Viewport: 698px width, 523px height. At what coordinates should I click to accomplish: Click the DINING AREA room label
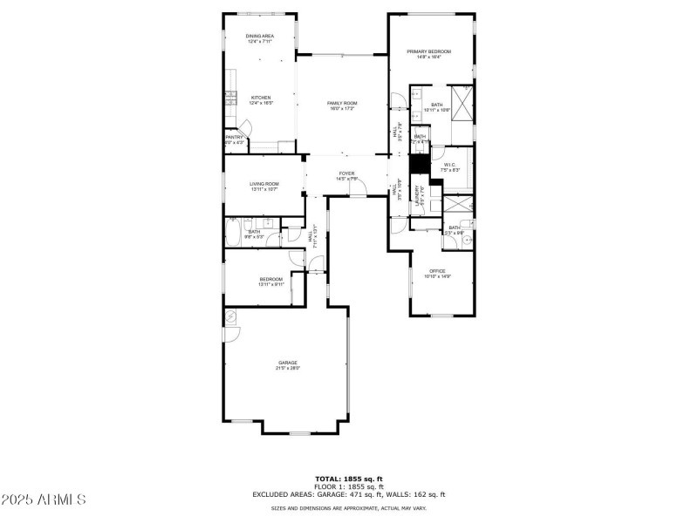tap(261, 36)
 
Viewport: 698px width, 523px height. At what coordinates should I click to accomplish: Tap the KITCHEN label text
tap(261, 98)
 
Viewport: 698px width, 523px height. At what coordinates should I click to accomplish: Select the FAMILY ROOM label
tap(342, 103)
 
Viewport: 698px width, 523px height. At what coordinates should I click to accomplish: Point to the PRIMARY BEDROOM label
tap(429, 51)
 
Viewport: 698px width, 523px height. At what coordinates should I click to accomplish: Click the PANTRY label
tap(234, 137)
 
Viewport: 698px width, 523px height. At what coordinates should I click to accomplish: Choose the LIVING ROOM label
tap(263, 184)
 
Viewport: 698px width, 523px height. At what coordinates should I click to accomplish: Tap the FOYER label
tap(346, 173)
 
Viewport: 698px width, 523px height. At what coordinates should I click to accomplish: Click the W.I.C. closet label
tap(450, 165)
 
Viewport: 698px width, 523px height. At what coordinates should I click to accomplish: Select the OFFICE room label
tap(437, 271)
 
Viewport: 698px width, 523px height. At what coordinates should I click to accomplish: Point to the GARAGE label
tap(288, 363)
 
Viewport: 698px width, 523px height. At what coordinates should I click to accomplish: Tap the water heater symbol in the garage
tap(231, 315)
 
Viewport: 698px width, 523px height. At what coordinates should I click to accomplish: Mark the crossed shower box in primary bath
tap(461, 104)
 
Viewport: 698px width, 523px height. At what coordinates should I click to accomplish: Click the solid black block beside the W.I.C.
tap(418, 162)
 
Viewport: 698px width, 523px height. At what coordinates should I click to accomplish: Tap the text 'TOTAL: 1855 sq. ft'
tap(348, 479)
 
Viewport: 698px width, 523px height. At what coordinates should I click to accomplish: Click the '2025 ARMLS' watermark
tap(44, 500)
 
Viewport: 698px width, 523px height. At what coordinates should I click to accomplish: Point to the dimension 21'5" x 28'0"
tap(288, 368)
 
